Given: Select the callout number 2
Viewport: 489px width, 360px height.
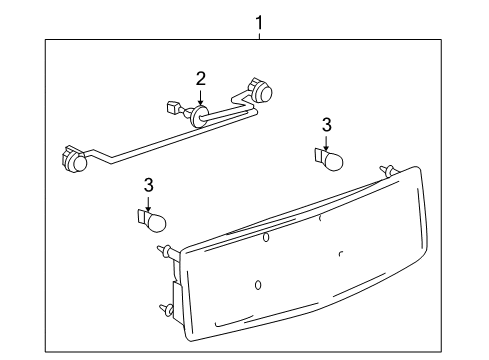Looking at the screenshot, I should pyautogui.click(x=201, y=78).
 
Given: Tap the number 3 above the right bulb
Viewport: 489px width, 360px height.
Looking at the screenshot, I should pyautogui.click(x=325, y=124).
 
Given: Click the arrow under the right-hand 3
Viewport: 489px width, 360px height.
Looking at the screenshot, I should pyautogui.click(x=325, y=142).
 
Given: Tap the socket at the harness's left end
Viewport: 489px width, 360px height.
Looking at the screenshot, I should pyautogui.click(x=76, y=159).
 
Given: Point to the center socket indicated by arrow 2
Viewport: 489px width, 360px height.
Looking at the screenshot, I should pyautogui.click(x=200, y=116).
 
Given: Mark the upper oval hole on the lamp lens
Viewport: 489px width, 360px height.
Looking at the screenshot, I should pyautogui.click(x=266, y=237).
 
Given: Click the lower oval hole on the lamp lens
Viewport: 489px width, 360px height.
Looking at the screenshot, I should pyautogui.click(x=258, y=285).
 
